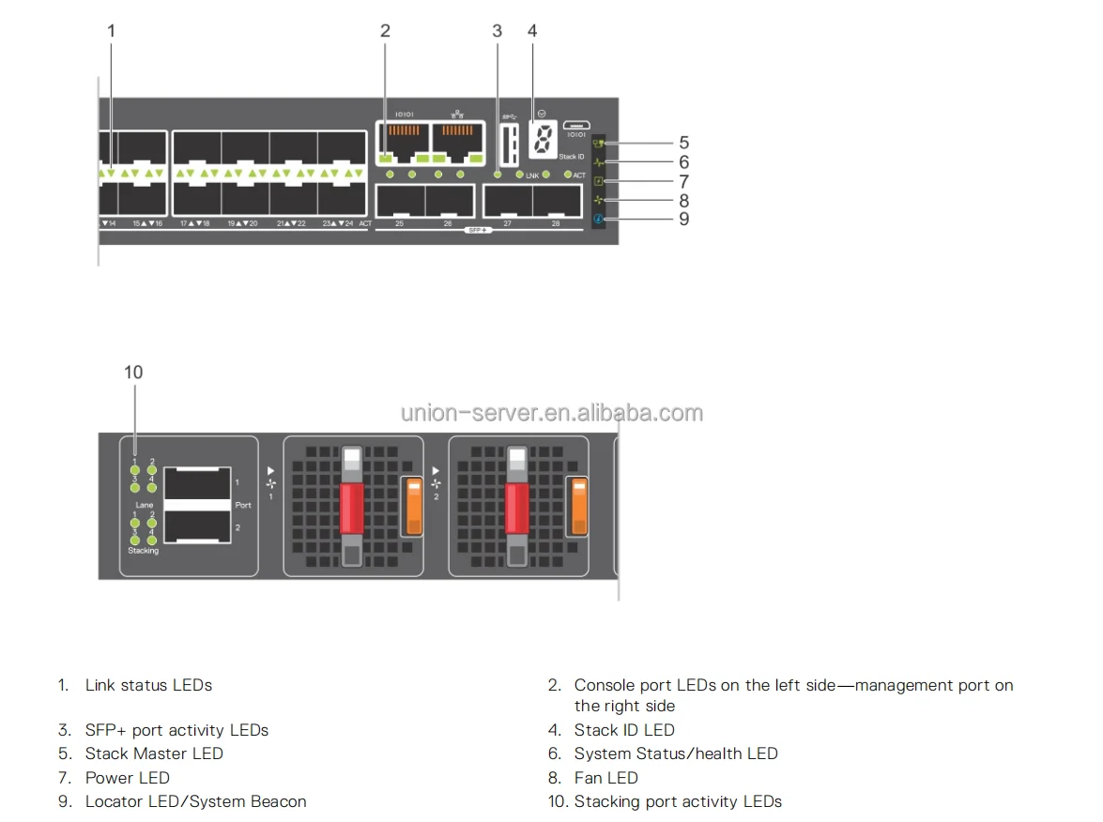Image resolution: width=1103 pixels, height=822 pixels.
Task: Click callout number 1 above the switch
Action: (x=111, y=31)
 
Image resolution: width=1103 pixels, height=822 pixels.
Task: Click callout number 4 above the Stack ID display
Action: (x=532, y=31)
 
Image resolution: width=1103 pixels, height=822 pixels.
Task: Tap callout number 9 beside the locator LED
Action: (x=683, y=219)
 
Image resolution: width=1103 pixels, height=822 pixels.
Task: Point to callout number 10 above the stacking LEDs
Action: (x=133, y=373)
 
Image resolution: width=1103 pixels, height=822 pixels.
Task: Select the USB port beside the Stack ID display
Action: (x=509, y=145)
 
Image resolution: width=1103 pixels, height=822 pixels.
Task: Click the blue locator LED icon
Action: (x=598, y=220)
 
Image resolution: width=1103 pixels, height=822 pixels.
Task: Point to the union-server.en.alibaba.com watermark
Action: (x=551, y=413)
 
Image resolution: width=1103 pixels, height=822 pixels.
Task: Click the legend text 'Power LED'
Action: (x=127, y=778)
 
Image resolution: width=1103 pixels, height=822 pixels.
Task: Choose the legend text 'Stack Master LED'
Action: (x=154, y=753)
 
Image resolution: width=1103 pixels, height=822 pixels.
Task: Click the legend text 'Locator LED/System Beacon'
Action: (x=195, y=801)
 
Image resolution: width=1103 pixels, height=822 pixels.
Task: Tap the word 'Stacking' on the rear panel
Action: (x=144, y=551)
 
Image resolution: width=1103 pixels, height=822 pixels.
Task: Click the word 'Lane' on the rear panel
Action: (x=144, y=505)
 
